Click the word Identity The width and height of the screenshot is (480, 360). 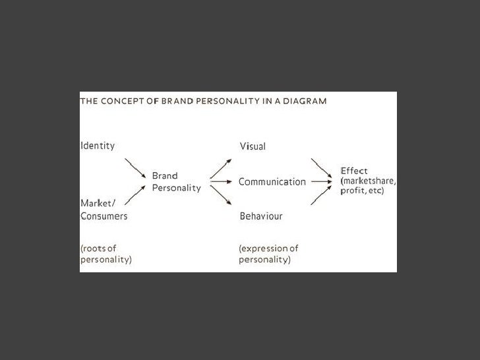click(x=97, y=145)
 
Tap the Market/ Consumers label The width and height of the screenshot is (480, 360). click(x=104, y=209)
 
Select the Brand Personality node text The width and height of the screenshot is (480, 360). click(x=175, y=182)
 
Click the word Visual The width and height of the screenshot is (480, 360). click(x=252, y=146)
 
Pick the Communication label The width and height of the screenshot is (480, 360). click(x=272, y=182)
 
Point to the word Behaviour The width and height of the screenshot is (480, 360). click(x=260, y=215)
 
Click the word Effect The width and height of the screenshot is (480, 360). click(x=354, y=171)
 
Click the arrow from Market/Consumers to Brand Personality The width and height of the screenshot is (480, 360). click(x=135, y=195)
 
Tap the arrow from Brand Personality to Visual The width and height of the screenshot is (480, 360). click(x=221, y=168)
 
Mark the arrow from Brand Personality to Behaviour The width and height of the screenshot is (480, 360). click(x=221, y=196)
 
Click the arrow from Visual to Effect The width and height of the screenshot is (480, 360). click(x=322, y=170)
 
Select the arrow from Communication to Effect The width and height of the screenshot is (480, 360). click(x=321, y=182)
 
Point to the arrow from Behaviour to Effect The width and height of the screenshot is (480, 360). click(x=322, y=194)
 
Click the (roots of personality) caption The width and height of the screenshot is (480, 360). click(x=105, y=255)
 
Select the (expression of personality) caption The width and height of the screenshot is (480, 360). click(x=268, y=255)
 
